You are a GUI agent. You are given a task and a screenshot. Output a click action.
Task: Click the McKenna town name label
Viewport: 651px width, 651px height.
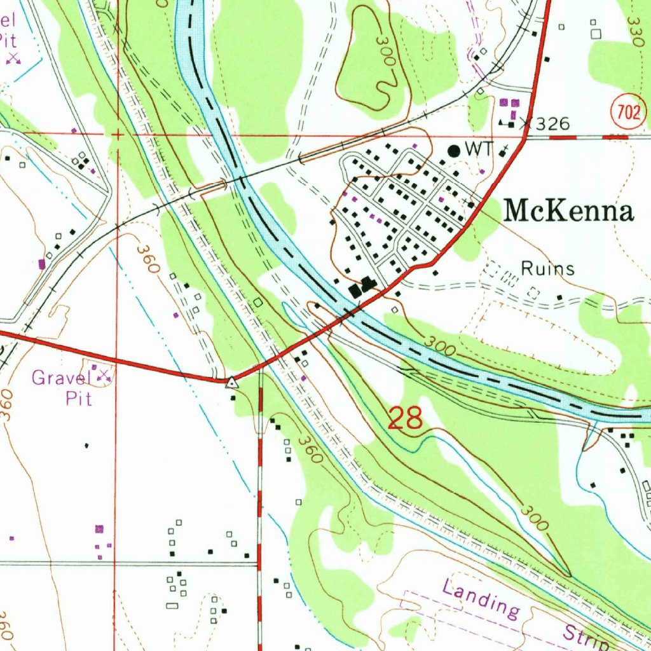coord(568,211)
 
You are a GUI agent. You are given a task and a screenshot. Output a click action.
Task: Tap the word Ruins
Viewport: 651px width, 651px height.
coord(547,269)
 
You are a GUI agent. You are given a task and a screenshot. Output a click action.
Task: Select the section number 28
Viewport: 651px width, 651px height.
coord(405,419)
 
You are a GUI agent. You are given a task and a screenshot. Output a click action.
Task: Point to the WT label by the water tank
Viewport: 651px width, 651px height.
coord(479,149)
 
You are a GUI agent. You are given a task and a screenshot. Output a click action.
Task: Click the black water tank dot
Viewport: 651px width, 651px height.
coord(454,151)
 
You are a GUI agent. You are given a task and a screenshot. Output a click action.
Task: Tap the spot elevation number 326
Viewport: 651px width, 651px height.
coord(551,124)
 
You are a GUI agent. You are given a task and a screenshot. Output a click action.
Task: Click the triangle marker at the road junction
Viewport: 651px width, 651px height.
coord(232,383)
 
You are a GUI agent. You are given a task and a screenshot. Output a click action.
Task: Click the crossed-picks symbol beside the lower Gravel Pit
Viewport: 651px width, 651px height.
coord(104,376)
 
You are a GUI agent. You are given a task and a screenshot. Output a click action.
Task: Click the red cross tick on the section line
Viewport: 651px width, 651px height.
coord(117,135)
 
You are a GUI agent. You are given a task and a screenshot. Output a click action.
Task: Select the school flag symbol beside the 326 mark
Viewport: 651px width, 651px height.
coord(508,121)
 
